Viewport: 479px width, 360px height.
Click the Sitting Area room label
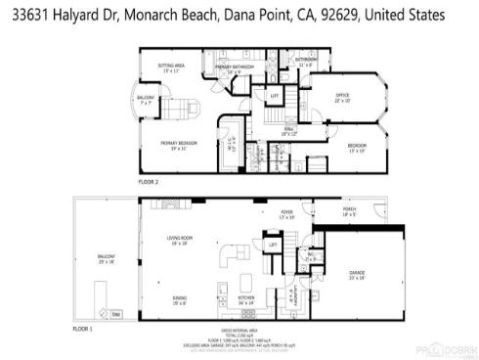point(173,67)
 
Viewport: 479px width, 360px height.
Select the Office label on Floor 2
point(343,96)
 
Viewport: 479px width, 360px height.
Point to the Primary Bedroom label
point(179,144)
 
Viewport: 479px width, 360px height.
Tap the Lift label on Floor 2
point(275,95)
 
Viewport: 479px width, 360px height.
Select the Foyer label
point(286,210)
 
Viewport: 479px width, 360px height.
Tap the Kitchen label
point(246,300)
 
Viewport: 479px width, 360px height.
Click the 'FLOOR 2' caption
point(149,184)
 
